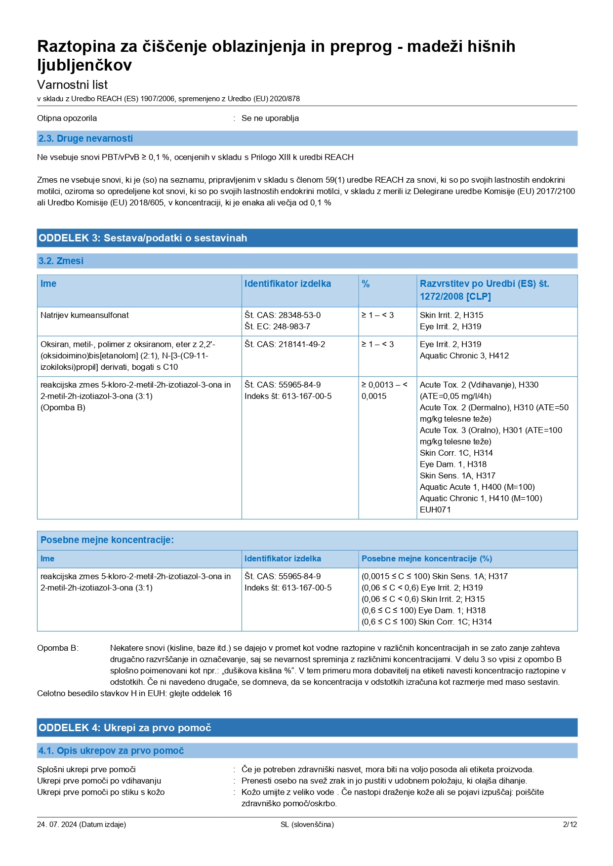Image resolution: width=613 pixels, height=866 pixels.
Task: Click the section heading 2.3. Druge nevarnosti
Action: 85,139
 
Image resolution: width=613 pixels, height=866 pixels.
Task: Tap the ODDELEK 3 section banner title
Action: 143,238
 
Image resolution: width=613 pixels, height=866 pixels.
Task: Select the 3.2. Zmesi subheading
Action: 61,261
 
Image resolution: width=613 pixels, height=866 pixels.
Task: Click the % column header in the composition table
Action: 366,284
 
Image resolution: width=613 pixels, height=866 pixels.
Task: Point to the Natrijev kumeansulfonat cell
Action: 84,315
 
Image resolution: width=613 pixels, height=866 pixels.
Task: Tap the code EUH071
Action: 435,510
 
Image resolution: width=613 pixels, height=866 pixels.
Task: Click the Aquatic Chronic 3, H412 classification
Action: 464,355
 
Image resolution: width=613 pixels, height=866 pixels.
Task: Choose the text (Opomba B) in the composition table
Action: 63,407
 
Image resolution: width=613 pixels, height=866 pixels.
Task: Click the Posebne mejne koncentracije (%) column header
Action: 426,558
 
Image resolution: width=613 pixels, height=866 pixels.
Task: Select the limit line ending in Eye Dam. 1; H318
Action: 423,610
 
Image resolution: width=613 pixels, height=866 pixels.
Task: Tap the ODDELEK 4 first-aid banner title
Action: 124,728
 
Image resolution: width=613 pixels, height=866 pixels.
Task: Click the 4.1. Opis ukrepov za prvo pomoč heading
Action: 111,750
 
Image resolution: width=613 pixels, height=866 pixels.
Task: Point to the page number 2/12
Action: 570,825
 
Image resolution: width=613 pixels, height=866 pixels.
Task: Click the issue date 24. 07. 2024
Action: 57,825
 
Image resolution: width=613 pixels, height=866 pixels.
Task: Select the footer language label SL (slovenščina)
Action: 307,825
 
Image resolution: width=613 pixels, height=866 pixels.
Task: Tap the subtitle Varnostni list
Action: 72,84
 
